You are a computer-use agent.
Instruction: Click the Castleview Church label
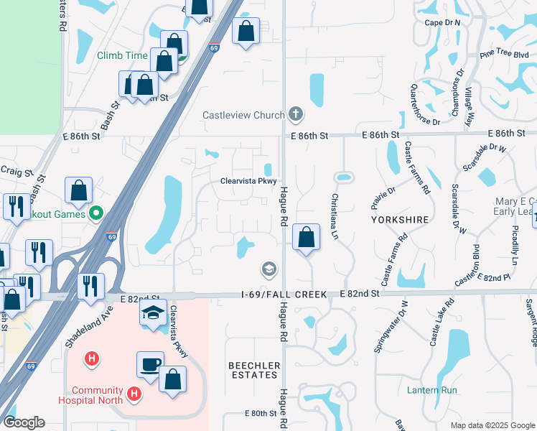243,115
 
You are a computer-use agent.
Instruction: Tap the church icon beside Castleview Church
294,114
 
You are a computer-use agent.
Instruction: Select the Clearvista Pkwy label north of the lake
248,181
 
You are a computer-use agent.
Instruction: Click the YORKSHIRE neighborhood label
400,219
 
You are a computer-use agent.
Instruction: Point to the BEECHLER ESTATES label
253,370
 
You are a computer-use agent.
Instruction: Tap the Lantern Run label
431,391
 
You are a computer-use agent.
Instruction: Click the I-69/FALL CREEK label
284,295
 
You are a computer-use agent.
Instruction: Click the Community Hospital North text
93,396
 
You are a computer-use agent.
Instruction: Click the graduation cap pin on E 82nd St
153,313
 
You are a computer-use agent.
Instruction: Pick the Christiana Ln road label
335,216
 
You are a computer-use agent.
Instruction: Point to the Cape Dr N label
442,23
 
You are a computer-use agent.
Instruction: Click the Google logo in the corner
24,422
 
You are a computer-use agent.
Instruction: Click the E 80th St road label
260,414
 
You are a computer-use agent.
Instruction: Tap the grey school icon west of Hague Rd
269,269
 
